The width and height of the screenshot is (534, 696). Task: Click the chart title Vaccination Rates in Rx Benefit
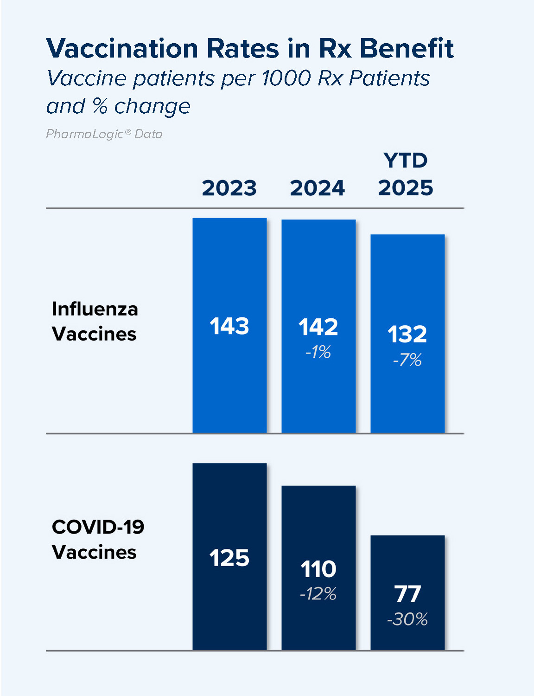pyautogui.click(x=250, y=48)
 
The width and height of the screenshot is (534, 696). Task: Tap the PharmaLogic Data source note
pyautogui.click(x=104, y=134)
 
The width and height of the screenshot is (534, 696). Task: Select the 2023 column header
pyautogui.click(x=229, y=188)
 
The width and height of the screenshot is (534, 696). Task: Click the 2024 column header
pyautogui.click(x=318, y=188)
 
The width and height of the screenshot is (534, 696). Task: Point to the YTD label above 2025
pyautogui.click(x=406, y=161)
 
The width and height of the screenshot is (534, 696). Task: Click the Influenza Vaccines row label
pyautogui.click(x=95, y=321)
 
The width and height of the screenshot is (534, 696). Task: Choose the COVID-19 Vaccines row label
pyautogui.click(x=98, y=539)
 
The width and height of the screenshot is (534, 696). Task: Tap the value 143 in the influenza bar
pyautogui.click(x=229, y=326)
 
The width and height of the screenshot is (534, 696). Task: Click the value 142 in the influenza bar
pyautogui.click(x=318, y=327)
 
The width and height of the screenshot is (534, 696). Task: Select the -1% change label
pyautogui.click(x=318, y=352)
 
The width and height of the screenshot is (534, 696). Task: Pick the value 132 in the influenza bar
pyautogui.click(x=407, y=335)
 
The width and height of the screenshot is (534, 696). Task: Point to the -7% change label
pyautogui.click(x=407, y=360)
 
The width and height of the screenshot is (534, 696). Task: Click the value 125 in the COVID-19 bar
pyautogui.click(x=229, y=558)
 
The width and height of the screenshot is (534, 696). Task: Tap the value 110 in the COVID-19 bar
pyautogui.click(x=318, y=569)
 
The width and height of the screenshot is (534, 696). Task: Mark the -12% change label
pyautogui.click(x=318, y=593)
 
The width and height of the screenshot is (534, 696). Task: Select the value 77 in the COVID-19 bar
pyautogui.click(x=407, y=594)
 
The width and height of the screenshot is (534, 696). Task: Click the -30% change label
pyautogui.click(x=407, y=619)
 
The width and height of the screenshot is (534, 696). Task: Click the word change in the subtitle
pyautogui.click(x=152, y=106)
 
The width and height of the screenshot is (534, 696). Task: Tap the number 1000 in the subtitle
pyautogui.click(x=286, y=78)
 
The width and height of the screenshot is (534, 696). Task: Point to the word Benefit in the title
pyautogui.click(x=407, y=48)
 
